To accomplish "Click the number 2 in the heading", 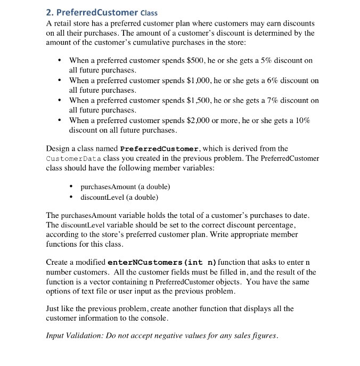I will pyautogui.click(x=50, y=12).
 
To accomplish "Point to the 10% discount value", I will pyautogui.click(x=302, y=120).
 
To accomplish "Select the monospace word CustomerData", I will pyautogui.click(x=70, y=158).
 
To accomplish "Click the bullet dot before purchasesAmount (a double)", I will pyautogui.click(x=72, y=187).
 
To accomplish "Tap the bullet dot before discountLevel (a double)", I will pyautogui.click(x=72, y=197).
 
